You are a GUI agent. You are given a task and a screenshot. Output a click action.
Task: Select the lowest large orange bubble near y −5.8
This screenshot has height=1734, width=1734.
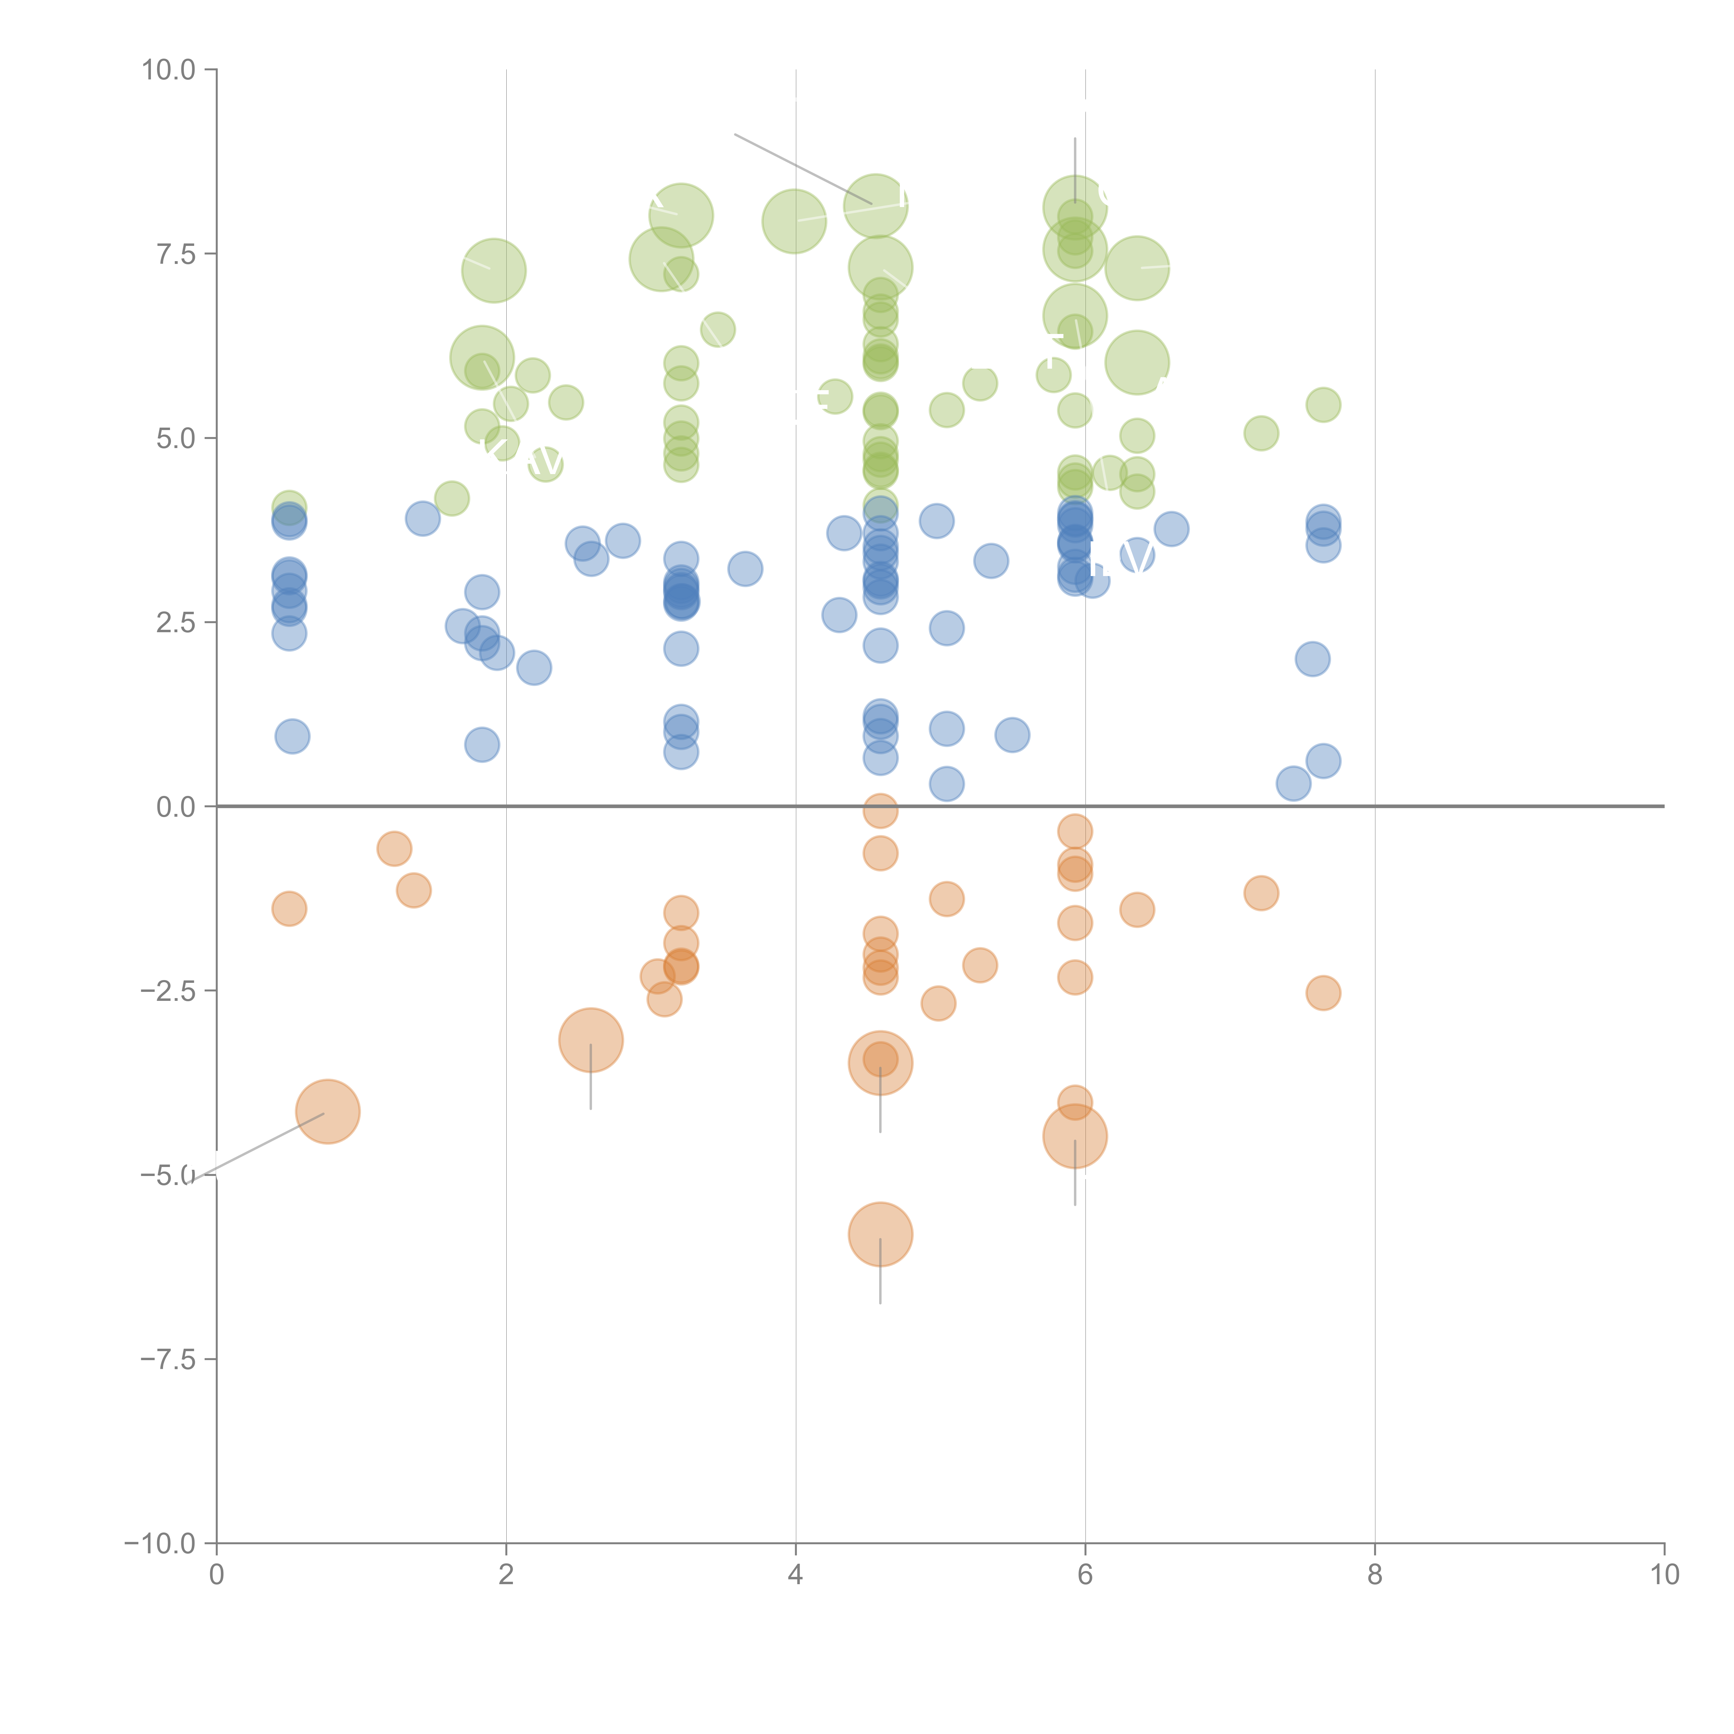click(x=879, y=1234)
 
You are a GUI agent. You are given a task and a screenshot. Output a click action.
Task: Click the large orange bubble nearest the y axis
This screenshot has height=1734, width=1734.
click(x=328, y=1111)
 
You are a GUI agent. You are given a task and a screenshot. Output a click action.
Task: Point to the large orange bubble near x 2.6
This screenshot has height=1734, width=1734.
click(x=591, y=1040)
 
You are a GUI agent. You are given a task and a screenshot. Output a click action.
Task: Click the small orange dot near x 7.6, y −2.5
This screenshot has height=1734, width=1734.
click(x=1323, y=993)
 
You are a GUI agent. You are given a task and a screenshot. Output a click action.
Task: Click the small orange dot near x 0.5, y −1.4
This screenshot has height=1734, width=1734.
click(x=289, y=908)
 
